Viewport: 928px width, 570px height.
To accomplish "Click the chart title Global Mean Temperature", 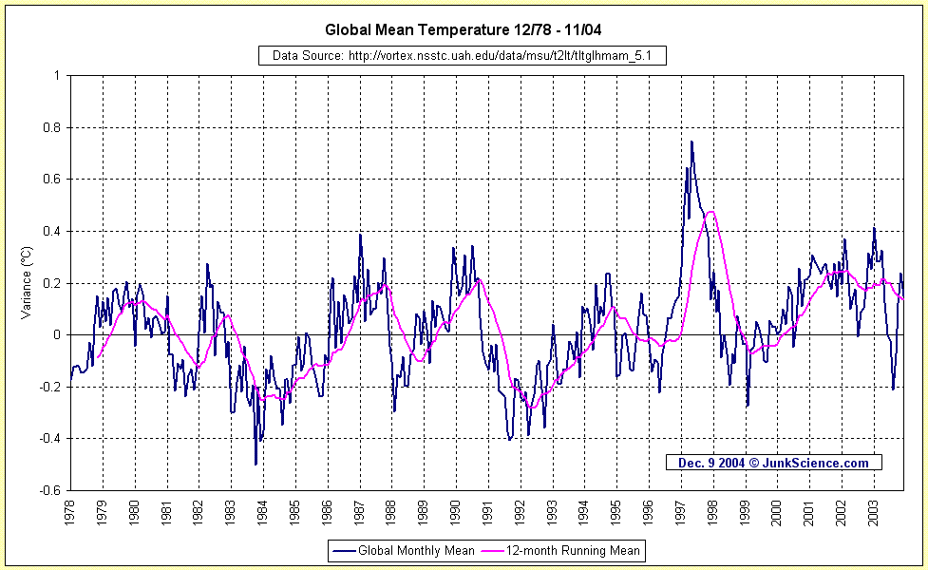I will (x=469, y=29).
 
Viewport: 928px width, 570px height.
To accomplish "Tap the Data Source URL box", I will (x=463, y=56).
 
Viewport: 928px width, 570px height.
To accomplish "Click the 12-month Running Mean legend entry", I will (x=561, y=550).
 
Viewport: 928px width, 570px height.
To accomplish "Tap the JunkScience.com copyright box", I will (x=773, y=463).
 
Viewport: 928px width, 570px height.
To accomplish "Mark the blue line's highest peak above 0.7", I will (x=691, y=142).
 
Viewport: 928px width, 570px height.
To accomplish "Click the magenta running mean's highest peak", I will (x=710, y=212).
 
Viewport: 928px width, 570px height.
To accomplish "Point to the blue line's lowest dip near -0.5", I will (x=256, y=465).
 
